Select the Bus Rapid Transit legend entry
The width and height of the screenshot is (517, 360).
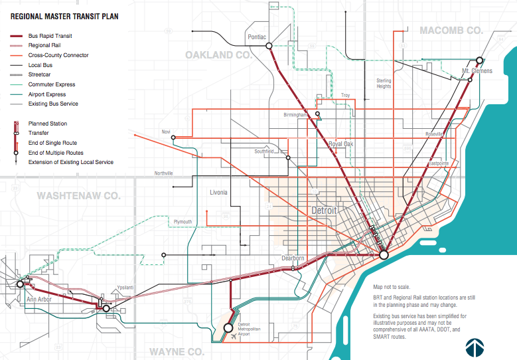[50, 36]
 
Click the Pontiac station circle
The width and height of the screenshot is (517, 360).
[269, 46]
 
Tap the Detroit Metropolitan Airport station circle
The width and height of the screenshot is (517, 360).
[229, 327]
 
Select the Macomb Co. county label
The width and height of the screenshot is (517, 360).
[451, 31]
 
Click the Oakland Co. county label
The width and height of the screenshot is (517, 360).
[218, 54]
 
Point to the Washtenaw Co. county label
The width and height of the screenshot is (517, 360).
[78, 196]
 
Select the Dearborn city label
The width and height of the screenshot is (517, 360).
[292, 258]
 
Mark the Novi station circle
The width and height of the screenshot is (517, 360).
[173, 138]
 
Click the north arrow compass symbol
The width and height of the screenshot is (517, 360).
[474, 347]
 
